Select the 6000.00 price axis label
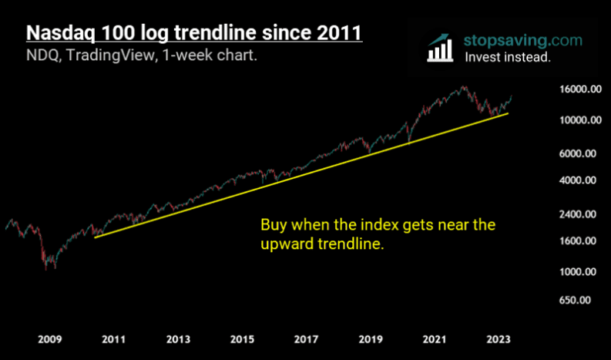(x=579, y=153)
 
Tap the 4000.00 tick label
(x=579, y=181)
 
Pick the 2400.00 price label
(x=579, y=214)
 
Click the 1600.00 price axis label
(x=579, y=241)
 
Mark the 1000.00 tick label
(x=579, y=272)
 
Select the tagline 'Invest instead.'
(x=507, y=56)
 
